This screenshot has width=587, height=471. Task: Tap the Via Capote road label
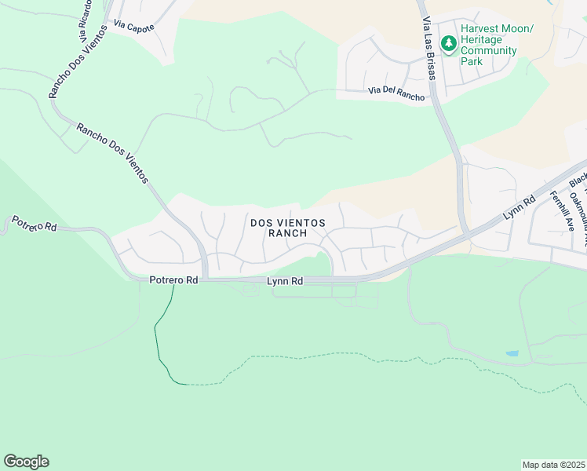(133, 26)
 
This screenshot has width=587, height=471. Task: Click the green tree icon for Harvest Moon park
(448, 44)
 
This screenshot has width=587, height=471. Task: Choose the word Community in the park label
(488, 51)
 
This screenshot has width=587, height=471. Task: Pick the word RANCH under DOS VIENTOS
(286, 234)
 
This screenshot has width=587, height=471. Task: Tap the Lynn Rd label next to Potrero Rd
(285, 281)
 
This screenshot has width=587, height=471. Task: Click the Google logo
(26, 462)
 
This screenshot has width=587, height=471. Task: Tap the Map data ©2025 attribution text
(553, 465)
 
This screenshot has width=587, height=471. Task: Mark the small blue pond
(512, 354)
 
